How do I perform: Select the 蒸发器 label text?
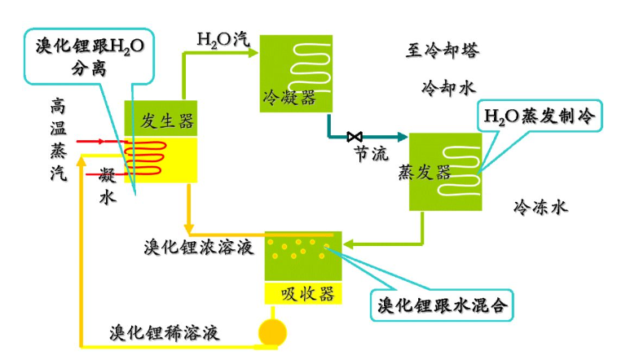pyautogui.click(x=425, y=172)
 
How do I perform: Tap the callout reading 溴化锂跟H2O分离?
pyautogui.click(x=87, y=55)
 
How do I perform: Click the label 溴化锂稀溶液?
pyautogui.click(x=165, y=333)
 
